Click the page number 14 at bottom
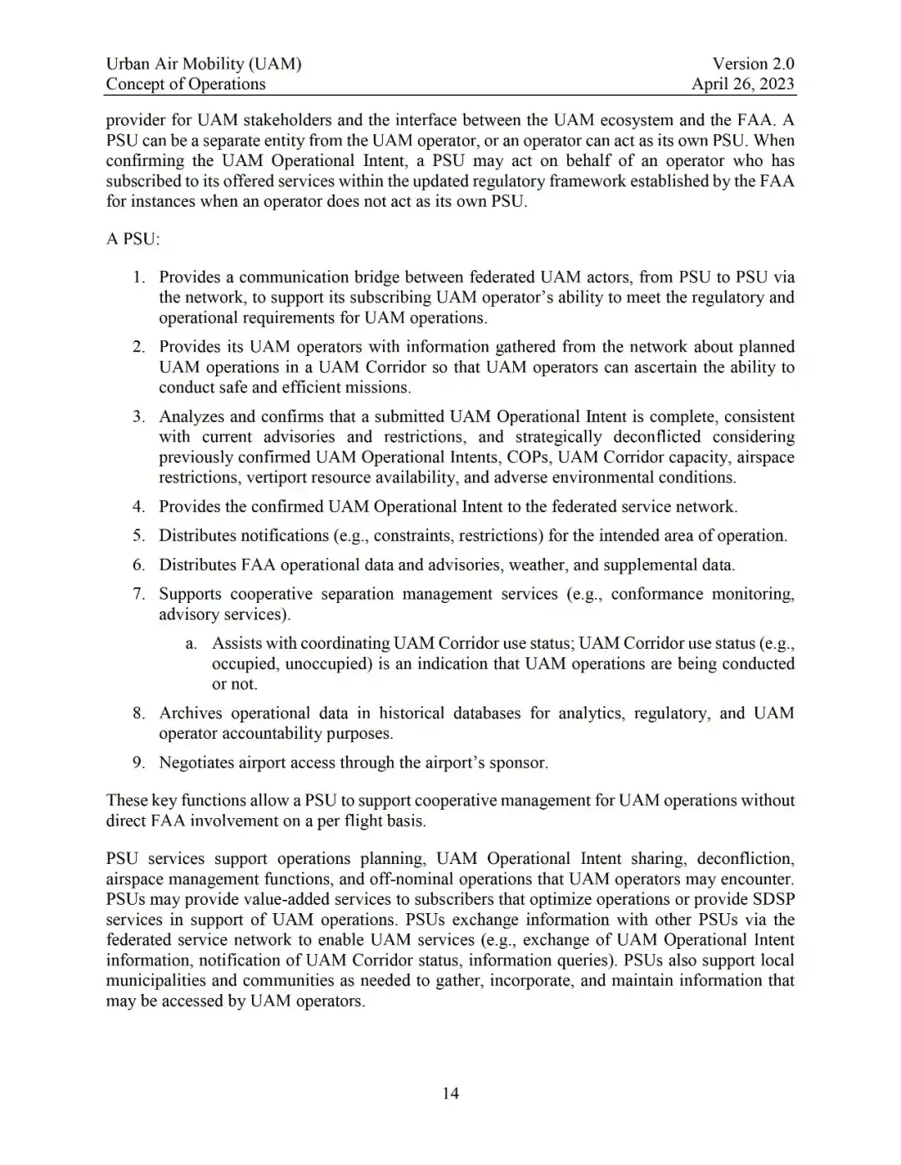pyautogui.click(x=450, y=1093)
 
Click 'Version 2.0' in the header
pyautogui.click(x=753, y=63)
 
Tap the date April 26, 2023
pyautogui.click(x=742, y=84)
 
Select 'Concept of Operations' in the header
pyautogui.click(x=185, y=84)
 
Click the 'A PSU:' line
pyautogui.click(x=133, y=239)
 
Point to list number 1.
pyautogui.click(x=139, y=277)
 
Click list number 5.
pyautogui.click(x=139, y=535)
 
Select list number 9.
pyautogui.click(x=139, y=762)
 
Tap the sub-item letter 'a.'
pyautogui.click(x=191, y=643)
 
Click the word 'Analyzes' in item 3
pyautogui.click(x=191, y=416)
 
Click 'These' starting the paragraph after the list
pyautogui.click(x=127, y=801)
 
